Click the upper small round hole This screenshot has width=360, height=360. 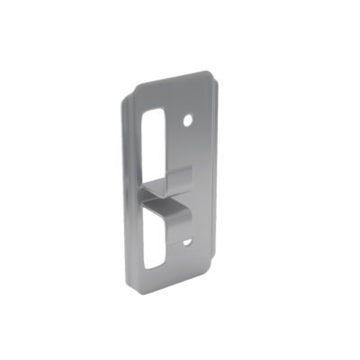pyautogui.click(x=189, y=118)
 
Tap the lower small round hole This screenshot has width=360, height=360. pyautogui.click(x=188, y=240)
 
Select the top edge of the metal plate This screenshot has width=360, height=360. pyautogui.click(x=175, y=79)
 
